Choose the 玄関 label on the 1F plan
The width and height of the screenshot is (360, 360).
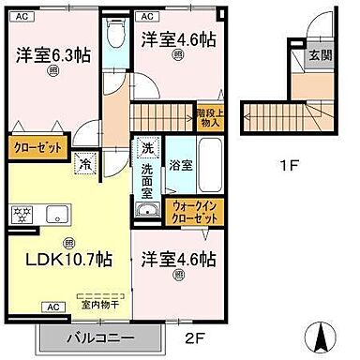[320, 55]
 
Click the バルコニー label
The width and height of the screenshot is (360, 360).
[100, 337]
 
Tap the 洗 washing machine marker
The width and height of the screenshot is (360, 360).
[148, 148]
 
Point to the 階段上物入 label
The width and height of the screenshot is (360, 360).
[208, 118]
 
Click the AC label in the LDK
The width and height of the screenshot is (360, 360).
[52, 307]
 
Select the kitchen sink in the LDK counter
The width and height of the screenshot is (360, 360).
[52, 214]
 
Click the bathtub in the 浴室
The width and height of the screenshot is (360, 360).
[211, 164]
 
